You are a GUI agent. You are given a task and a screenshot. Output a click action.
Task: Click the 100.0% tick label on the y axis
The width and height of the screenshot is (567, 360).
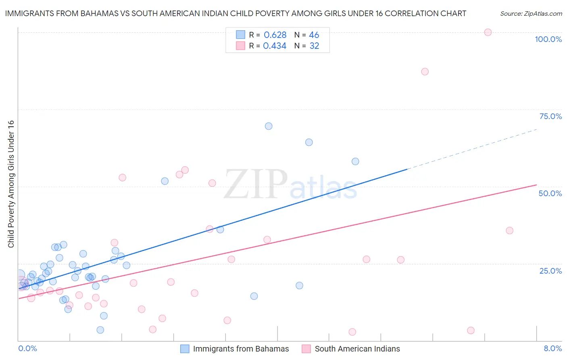pos(548,39)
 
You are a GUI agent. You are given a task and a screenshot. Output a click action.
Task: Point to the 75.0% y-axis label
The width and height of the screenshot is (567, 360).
pos(550,116)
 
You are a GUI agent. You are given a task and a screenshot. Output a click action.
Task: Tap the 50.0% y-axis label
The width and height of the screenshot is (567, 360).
pos(550,193)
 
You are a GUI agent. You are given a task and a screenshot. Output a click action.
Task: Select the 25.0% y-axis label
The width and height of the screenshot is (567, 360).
pos(550,271)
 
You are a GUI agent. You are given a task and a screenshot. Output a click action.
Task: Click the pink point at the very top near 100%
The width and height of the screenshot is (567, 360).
pos(488,32)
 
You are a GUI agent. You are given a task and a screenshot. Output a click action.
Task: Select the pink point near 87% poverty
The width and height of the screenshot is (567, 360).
pos(425,71)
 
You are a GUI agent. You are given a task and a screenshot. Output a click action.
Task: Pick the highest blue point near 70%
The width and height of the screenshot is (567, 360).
pos(269,126)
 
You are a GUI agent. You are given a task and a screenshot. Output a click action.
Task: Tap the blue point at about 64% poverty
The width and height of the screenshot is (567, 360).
pos(309,142)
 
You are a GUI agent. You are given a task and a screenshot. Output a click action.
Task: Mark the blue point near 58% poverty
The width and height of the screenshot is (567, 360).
pos(355,161)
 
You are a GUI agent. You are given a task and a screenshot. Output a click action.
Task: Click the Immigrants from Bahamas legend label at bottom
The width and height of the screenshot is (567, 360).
pos(241,349)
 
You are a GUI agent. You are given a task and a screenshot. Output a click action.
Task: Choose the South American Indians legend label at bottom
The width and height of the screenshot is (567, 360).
pos(357,349)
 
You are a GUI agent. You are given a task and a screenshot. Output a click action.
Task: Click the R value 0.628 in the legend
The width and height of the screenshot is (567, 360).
pos(275,35)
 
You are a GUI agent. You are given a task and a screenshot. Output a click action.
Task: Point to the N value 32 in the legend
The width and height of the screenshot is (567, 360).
pos(314,46)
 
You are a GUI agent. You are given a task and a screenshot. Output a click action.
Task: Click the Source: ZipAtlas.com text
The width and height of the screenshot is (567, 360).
pos(531,14)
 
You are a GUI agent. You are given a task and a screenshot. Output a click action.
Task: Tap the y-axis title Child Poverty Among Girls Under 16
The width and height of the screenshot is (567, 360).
pos(11,184)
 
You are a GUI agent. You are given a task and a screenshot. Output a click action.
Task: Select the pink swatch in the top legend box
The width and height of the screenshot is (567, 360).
pos(240,46)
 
